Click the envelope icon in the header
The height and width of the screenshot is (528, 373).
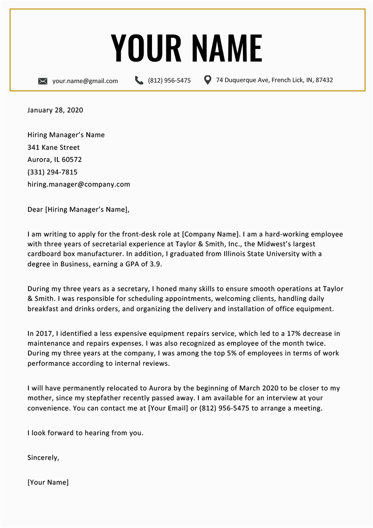tap(43, 81)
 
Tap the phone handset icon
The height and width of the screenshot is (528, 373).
tap(139, 80)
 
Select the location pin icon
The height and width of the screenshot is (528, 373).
tap(208, 80)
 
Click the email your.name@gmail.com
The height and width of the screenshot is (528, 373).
tap(85, 81)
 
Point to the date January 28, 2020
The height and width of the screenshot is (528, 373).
tap(55, 111)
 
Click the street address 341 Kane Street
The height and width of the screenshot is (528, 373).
tap(54, 147)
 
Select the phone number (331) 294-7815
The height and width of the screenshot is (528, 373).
tap(53, 172)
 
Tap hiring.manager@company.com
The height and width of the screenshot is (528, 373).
tap(79, 184)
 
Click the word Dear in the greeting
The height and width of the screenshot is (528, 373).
tap(35, 209)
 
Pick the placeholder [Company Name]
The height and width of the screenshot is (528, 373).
tap(210, 234)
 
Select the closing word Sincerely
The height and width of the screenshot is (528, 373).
tap(43, 458)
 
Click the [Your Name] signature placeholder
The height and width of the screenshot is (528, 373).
tap(48, 482)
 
